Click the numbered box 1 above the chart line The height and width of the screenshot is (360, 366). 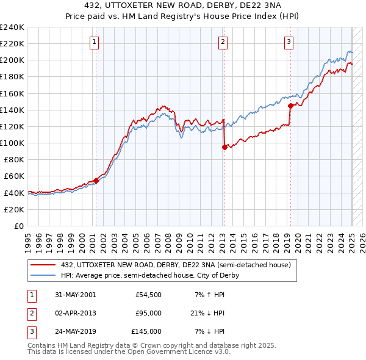coord(95,42)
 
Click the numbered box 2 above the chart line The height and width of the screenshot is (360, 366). coord(223,42)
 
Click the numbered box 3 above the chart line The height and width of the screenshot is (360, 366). coord(289,42)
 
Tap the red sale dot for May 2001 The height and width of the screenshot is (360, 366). coord(96,181)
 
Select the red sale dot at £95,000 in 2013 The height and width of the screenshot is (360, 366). coord(224,147)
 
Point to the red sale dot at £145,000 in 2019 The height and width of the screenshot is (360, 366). coord(290,106)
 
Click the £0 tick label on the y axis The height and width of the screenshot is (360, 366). coord(18,226)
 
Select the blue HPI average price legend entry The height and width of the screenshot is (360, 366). coord(150,275)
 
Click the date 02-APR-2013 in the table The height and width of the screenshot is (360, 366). coord(75,313)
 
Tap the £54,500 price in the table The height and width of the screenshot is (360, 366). coord(148,294)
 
